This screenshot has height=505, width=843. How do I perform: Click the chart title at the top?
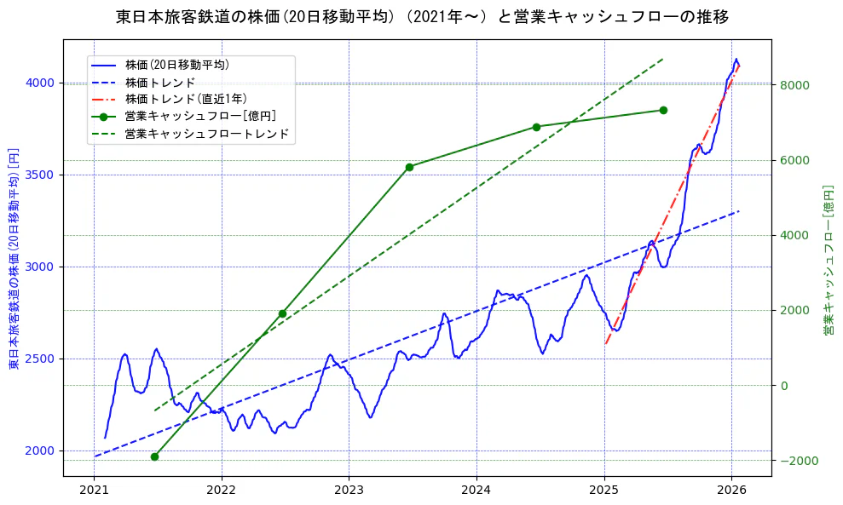click(x=421, y=16)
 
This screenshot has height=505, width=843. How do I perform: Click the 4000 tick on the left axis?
click(x=43, y=83)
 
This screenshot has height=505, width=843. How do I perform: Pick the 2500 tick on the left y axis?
click(x=43, y=359)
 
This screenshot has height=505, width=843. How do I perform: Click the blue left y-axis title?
click(x=14, y=259)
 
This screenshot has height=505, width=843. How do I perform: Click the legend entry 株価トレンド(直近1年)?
click(x=186, y=99)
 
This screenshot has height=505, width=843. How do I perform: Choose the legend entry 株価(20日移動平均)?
click(x=176, y=64)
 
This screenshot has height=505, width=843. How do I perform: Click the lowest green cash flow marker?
click(x=154, y=456)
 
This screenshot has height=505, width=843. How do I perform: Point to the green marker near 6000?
click(x=409, y=167)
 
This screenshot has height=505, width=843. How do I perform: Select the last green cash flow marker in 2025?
click(x=663, y=110)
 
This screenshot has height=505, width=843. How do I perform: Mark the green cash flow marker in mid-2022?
click(x=282, y=313)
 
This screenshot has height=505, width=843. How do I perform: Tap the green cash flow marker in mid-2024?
click(x=536, y=127)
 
